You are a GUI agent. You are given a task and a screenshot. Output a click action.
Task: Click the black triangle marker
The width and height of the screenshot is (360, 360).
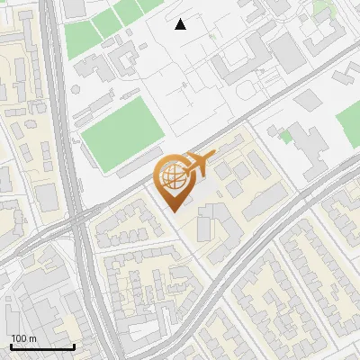[181, 24]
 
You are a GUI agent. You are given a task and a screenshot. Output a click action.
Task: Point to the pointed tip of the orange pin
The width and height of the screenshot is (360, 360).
[172, 211]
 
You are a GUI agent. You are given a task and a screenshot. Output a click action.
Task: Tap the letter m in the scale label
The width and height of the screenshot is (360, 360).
[33, 338]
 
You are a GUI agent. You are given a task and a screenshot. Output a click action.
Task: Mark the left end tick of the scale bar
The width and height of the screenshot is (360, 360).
[11, 346]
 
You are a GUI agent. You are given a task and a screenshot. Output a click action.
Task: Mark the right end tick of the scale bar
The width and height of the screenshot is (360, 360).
[74, 346]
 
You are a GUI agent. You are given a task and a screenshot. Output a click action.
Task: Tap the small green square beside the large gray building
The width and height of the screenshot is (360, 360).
[286, 137]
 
